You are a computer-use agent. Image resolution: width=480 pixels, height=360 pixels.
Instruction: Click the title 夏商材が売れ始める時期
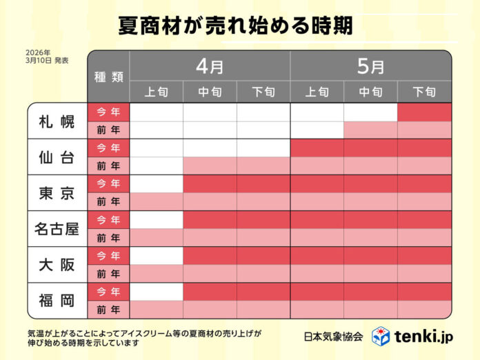pos(234,26)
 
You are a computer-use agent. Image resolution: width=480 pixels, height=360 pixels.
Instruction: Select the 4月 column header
pos(210,66)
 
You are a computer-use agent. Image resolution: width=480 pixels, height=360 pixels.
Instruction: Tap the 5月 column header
pos(371,66)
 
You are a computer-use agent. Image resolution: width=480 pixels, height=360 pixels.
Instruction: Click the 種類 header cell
pos(108,77)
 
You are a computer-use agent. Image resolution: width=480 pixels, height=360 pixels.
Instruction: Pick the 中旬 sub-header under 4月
pos(210,92)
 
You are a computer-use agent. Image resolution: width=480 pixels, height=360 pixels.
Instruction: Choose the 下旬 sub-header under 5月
pos(424,92)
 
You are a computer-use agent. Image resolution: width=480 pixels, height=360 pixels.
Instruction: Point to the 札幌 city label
pos(57,121)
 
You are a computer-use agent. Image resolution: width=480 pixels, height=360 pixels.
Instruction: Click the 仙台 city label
pos(57,157)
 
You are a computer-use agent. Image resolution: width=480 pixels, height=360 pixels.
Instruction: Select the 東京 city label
pos(57,192)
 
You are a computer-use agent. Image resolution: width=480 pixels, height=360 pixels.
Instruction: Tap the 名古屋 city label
pos(57,228)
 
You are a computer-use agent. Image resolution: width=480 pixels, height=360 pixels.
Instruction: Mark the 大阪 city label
pos(57,264)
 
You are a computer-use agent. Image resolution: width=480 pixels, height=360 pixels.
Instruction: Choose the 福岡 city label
pos(57,300)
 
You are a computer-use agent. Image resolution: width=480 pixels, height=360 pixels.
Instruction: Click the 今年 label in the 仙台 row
pos(108,148)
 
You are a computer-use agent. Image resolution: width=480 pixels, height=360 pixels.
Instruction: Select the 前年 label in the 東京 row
pos(108,201)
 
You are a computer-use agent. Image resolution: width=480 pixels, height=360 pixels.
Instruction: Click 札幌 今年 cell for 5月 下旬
pos(424,112)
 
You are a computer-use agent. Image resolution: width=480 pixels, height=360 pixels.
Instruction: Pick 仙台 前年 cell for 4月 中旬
pos(210,166)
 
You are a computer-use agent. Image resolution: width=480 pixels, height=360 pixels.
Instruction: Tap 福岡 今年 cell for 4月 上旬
pos(157,291)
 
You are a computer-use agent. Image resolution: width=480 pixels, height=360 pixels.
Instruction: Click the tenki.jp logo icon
pos(381,336)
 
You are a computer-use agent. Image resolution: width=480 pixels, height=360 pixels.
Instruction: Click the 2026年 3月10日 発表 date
pos(47,56)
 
